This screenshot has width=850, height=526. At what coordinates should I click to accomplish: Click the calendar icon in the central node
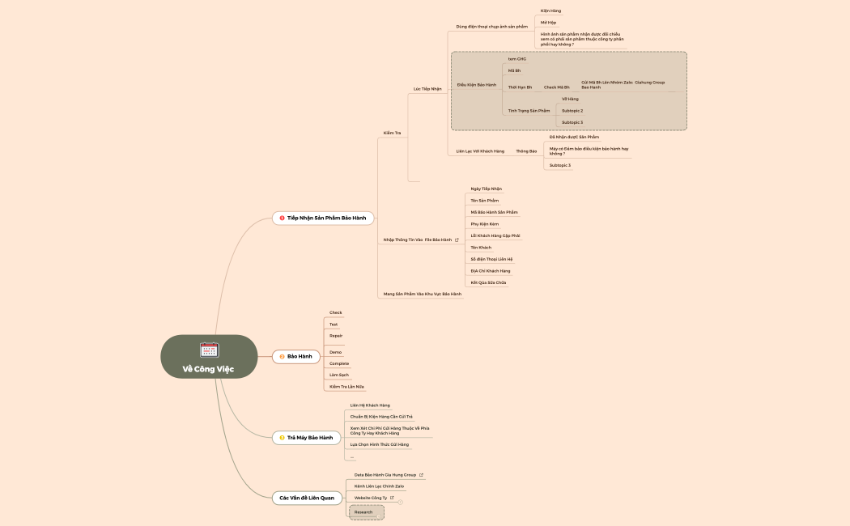[x=210, y=350]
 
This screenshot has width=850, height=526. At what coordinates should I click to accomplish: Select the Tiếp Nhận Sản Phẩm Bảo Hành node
[x=326, y=218]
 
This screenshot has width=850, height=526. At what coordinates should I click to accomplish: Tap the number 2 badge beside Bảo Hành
[x=282, y=356]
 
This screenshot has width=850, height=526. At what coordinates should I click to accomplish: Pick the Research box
[x=365, y=512]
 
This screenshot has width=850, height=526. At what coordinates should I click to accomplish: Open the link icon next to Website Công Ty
[x=392, y=498]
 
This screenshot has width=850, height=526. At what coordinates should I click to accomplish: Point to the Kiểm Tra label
[x=392, y=133]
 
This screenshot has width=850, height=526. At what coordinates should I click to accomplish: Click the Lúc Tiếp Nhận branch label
[x=427, y=88]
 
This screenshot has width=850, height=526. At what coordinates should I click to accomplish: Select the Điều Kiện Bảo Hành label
[x=477, y=84]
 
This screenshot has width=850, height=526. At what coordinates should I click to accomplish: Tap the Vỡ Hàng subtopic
[x=570, y=99]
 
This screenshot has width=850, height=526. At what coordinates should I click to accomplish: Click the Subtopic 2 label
[x=572, y=110]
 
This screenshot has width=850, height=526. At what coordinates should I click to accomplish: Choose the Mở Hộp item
[x=548, y=23]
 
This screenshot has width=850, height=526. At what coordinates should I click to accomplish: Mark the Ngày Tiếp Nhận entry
[x=486, y=189]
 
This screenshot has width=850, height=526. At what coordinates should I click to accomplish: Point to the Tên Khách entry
[x=481, y=247]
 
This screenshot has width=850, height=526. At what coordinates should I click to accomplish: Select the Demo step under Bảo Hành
[x=335, y=352]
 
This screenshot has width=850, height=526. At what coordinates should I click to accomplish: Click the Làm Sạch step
[x=339, y=375]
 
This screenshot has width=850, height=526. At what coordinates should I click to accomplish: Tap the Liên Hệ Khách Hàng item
[x=370, y=405]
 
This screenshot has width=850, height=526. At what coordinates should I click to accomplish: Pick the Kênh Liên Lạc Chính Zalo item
[x=379, y=486]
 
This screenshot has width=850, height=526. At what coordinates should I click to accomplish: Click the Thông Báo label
[x=526, y=151]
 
